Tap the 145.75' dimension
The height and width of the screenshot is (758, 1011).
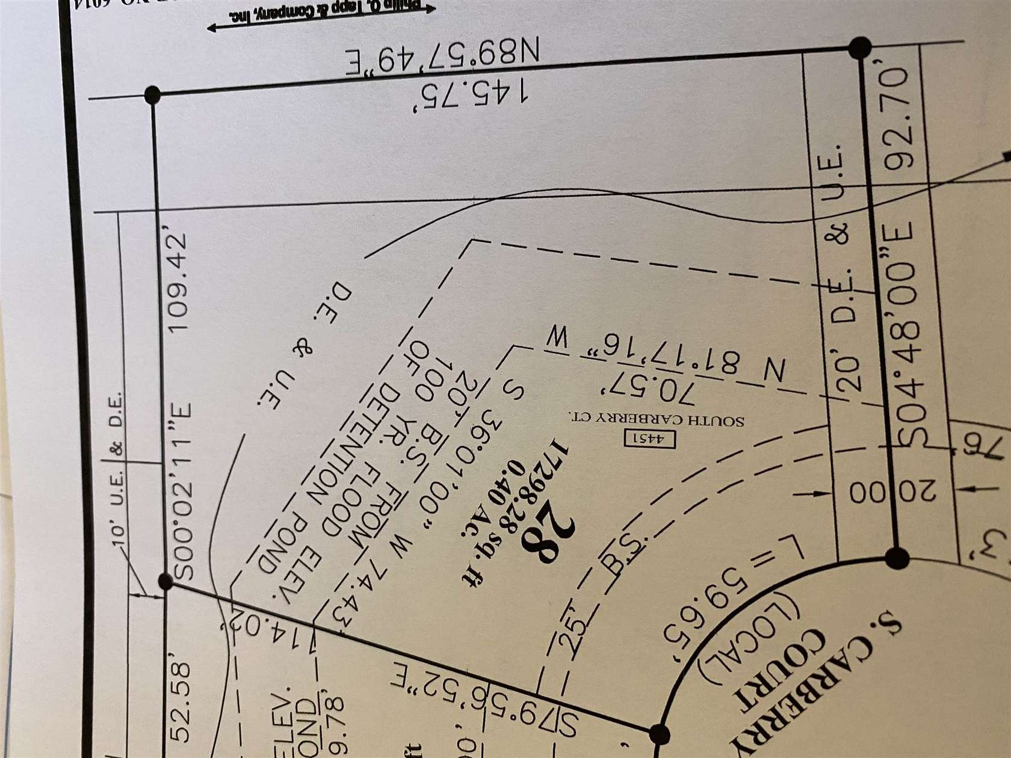click(473, 93)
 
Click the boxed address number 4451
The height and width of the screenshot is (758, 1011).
click(651, 439)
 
